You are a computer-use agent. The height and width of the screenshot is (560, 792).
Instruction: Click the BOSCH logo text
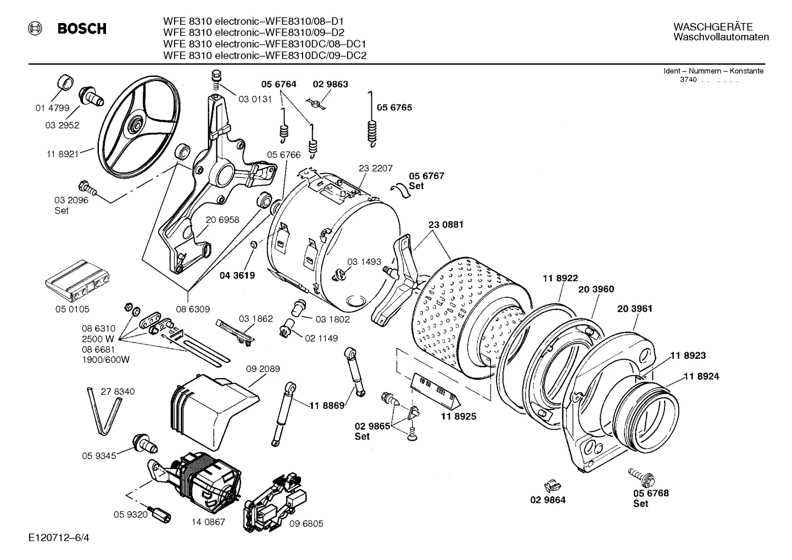[82, 29]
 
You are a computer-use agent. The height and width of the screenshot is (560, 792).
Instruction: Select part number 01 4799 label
[52, 108]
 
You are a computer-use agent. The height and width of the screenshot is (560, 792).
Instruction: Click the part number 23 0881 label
[445, 224]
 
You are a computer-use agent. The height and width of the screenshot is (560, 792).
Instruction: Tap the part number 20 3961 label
[634, 309]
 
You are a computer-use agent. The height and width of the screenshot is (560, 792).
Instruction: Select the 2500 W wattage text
[98, 339]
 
